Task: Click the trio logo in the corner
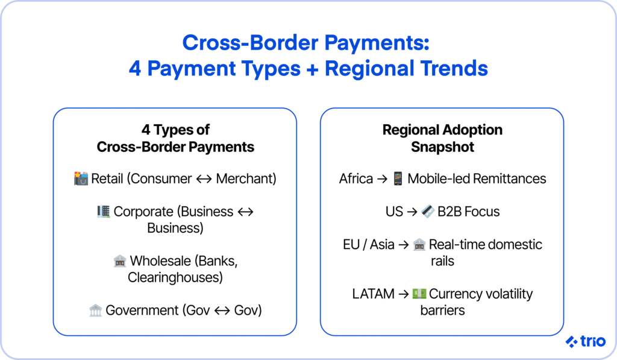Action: click(x=586, y=341)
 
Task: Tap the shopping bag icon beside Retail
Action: click(x=81, y=178)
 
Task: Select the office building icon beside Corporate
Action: click(x=104, y=212)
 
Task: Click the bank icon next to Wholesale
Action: click(x=120, y=261)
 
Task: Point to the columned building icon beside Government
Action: click(x=95, y=311)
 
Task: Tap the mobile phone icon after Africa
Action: click(x=398, y=178)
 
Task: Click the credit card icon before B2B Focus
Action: click(x=428, y=212)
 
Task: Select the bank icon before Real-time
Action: click(x=419, y=245)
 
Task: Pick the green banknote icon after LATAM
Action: click(x=419, y=294)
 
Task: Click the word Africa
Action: click(x=356, y=179)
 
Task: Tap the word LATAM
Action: click(x=373, y=294)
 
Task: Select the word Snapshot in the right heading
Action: click(x=442, y=147)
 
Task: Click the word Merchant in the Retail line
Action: click(x=246, y=179)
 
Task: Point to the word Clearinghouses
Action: click(x=175, y=277)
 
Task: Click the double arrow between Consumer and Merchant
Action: click(x=204, y=179)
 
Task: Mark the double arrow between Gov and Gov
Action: click(x=222, y=311)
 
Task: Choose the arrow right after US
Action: click(x=412, y=212)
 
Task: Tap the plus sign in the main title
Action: click(x=313, y=69)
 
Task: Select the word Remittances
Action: click(x=510, y=179)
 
